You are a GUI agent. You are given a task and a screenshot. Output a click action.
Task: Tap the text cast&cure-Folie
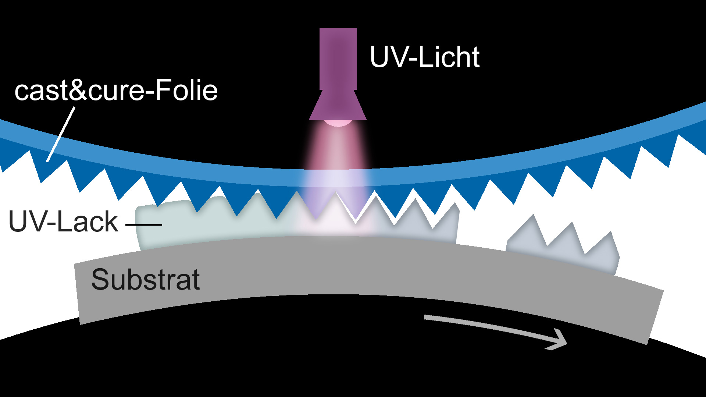pyautogui.click(x=116, y=91)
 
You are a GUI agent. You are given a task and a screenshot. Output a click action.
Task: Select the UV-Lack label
pyautogui.click(x=63, y=221)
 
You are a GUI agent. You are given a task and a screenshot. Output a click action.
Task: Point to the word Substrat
pyautogui.click(x=145, y=280)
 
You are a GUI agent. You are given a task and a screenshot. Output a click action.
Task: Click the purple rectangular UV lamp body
pyautogui.click(x=338, y=59)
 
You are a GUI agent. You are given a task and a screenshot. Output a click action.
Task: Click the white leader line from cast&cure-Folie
pyautogui.click(x=61, y=134)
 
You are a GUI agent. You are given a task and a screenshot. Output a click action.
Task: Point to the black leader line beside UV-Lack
pyautogui.click(x=144, y=224)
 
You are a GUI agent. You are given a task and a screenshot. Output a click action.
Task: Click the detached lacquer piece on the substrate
pyautogui.click(x=563, y=247)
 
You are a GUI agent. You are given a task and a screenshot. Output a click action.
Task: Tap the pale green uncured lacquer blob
pyautogui.click(x=173, y=224)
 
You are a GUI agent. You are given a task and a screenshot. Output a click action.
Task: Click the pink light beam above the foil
pyautogui.click(x=338, y=147)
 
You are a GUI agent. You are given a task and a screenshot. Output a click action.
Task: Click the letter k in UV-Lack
pyautogui.click(x=110, y=221)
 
